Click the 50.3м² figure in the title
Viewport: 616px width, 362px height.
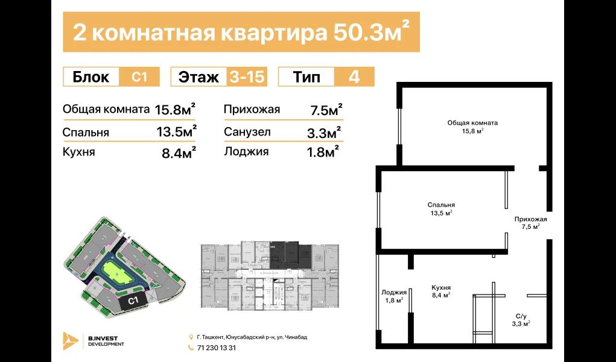366,33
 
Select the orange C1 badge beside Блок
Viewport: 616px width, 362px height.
140,77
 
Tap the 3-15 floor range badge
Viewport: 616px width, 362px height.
247,77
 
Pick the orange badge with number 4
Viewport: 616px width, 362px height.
354,77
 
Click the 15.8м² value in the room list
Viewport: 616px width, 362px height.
175,110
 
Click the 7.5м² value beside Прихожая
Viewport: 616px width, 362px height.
325,110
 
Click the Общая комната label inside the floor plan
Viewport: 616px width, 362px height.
472,123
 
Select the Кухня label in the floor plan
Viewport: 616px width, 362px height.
442,288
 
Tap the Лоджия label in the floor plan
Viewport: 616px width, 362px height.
394,292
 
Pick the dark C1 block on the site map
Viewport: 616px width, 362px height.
133,300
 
